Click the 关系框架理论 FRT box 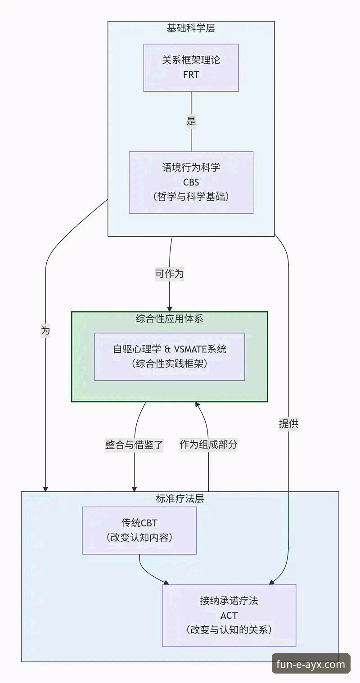click(191, 67)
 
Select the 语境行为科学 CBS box click(191, 182)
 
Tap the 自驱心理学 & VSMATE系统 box click(169, 357)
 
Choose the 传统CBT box click(139, 530)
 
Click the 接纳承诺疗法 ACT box click(229, 615)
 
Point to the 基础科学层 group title click(191, 28)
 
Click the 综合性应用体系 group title click(169, 319)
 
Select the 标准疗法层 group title click(180, 499)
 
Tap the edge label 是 click(191, 121)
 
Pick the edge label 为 click(45, 331)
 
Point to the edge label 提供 click(288, 423)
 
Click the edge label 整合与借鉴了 click(134, 445)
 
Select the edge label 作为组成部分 click(208, 445)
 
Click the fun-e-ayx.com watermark click(311, 664)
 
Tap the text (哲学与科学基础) click(191, 197)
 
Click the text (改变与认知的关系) click(229, 629)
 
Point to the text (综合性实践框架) click(169, 364)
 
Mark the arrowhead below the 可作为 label click(169, 308)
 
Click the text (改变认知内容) click(139, 538)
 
